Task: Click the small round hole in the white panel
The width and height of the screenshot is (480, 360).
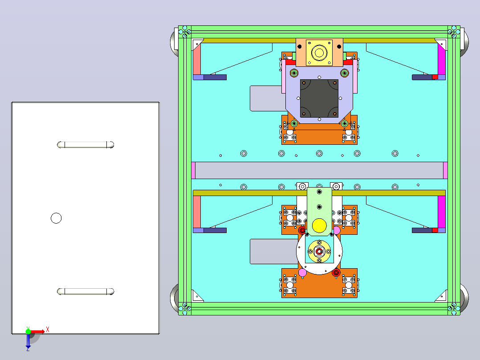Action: coord(56,218)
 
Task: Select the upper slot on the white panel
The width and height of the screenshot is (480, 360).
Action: coord(85,145)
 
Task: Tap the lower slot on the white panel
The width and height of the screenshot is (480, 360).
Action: coord(85,291)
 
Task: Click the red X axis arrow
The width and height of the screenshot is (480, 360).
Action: coord(38,331)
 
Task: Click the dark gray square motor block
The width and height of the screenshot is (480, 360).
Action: coord(319,98)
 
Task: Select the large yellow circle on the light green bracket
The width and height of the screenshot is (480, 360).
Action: coord(319,225)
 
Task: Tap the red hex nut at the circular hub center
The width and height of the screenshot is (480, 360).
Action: coord(319,252)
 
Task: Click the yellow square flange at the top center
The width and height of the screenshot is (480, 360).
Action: coord(319,53)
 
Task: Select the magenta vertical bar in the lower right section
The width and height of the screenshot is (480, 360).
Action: coord(441,212)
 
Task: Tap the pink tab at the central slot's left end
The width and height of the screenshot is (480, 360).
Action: coord(193,170)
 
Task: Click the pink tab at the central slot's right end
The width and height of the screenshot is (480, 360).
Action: coord(445,170)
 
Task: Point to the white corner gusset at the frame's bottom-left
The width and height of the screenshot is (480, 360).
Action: coord(197,296)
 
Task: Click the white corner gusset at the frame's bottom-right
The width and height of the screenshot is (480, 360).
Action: coord(441,296)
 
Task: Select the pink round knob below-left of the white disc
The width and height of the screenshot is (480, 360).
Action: coord(302,272)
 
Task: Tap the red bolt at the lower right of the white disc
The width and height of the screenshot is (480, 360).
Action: coord(336,272)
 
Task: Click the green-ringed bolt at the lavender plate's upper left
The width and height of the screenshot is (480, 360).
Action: coord(294,73)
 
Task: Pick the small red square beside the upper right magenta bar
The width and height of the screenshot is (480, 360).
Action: coord(435,77)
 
